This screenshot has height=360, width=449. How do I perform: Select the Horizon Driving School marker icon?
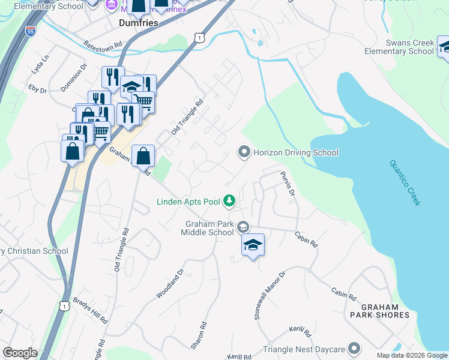tap(244, 152)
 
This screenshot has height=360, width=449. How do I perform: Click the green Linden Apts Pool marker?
tap(229, 201)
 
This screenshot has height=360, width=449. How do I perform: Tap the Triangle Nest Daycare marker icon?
tap(354, 349)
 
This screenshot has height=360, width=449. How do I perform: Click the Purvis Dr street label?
tap(288, 184)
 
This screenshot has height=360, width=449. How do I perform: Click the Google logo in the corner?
tap(20, 353)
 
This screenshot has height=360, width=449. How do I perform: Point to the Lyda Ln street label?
tap(41, 62)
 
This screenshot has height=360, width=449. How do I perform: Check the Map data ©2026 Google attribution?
tap(411, 355)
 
